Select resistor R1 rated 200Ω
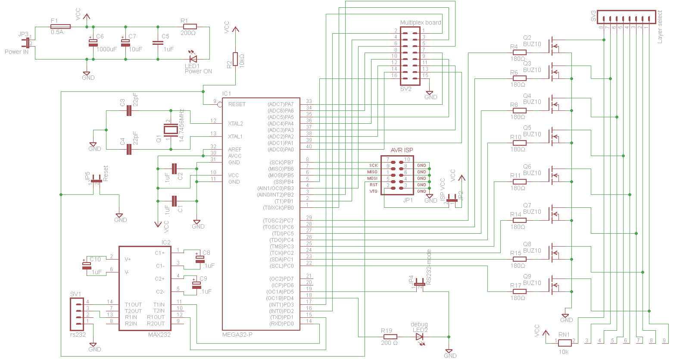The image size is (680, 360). (190, 26)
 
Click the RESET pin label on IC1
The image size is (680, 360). (237, 104)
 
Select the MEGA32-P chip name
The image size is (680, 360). (237, 335)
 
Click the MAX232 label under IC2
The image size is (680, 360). (159, 335)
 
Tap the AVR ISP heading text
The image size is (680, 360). (402, 150)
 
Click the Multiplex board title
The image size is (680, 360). (420, 22)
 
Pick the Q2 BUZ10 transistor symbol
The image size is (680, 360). (553, 46)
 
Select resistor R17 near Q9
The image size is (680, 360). (519, 291)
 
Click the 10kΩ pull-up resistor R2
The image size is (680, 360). (235, 59)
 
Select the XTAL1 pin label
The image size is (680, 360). (235, 137)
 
